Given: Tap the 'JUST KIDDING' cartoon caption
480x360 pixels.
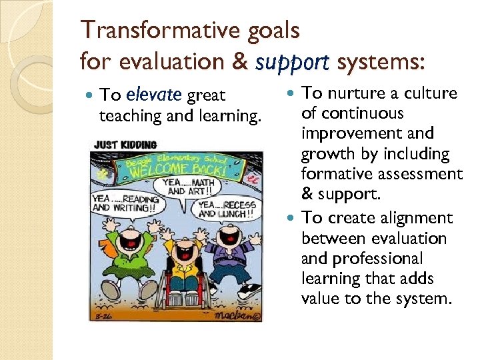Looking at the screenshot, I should pos(125,145).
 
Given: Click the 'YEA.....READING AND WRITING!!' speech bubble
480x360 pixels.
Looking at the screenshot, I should pos(125,203).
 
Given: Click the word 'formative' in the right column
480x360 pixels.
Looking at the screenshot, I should pos(333,174).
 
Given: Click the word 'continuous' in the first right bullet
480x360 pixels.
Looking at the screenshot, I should pos(362,113).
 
